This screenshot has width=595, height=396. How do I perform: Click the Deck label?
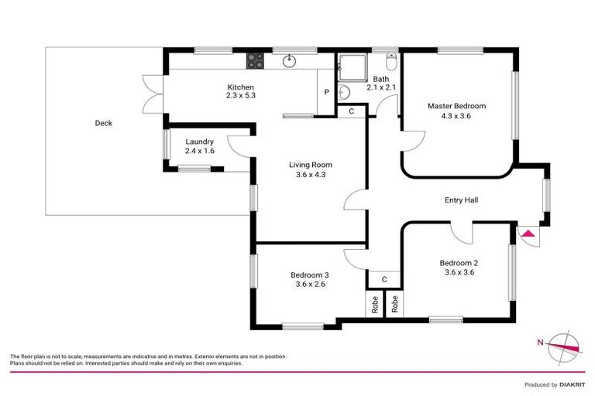click(103, 123)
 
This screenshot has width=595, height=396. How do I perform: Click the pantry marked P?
click(326, 92)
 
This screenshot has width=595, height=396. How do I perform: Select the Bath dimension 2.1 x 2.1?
click(380, 87)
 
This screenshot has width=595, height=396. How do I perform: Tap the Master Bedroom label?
click(458, 105)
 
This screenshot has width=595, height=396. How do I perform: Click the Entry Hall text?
click(461, 200)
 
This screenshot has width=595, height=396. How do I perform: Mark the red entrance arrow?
click(528, 234)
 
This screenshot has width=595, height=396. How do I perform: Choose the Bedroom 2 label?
click(458, 261)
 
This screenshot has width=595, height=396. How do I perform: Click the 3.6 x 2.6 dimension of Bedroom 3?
click(310, 285)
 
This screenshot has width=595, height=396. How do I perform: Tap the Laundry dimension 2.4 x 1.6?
click(200, 151)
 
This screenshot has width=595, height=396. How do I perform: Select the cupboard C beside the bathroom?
click(352, 111)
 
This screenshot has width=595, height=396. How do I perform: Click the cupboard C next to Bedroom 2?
click(383, 278)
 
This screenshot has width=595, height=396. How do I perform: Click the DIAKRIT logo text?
click(567, 384)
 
